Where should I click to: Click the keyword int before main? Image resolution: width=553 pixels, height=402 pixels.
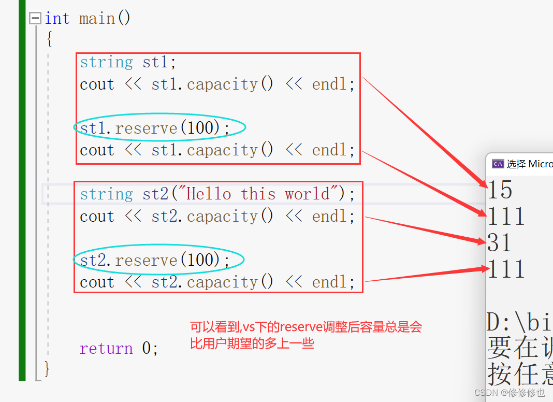pos(57,19)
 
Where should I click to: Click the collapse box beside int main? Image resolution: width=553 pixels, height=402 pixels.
pos(35,19)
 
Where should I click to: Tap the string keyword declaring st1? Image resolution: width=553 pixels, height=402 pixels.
pos(106,62)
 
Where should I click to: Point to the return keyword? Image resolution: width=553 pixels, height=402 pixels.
pos(106,348)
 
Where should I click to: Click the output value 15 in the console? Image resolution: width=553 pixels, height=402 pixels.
pos(500,191)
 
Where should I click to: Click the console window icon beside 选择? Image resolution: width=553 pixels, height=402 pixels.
pos(498,164)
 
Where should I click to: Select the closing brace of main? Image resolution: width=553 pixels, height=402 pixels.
pos(47,369)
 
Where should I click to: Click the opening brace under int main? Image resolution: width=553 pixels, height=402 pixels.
pos(49,39)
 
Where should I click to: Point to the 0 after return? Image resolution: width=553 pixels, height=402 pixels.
pos(147,348)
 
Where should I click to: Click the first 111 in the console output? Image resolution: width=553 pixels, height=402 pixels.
pos(506,217)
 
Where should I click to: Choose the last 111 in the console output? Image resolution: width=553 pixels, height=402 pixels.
pos(506,269)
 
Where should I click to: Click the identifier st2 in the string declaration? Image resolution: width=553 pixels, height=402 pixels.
pos(155,194)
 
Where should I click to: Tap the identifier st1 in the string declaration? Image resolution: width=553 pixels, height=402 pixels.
pos(155,62)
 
